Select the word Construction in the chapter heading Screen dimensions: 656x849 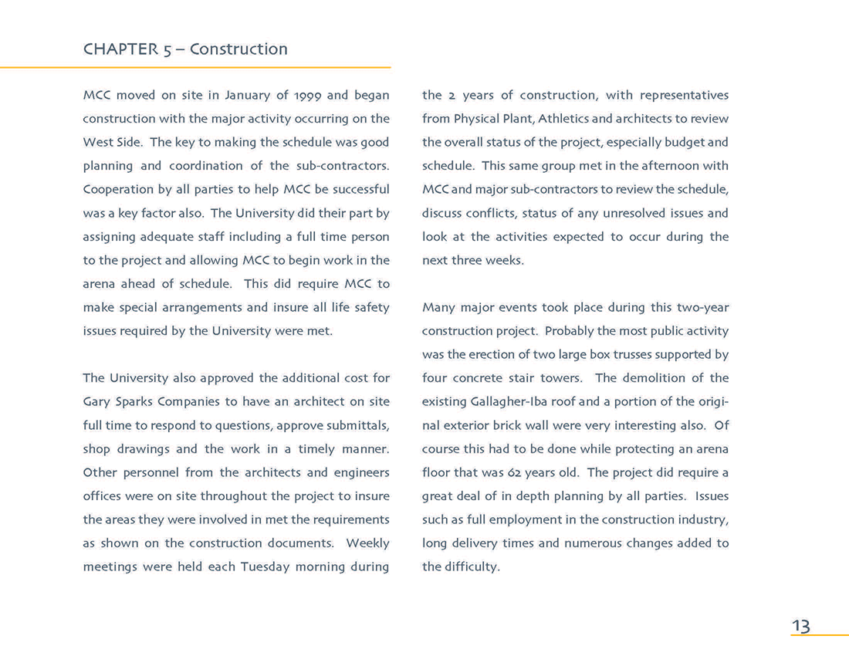(x=238, y=49)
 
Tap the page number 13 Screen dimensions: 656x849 (x=800, y=626)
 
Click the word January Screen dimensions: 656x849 (x=246, y=96)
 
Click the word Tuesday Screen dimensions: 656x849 (x=265, y=567)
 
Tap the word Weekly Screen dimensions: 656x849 (x=367, y=543)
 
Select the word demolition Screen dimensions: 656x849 (x=653, y=378)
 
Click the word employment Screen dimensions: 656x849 (x=522, y=520)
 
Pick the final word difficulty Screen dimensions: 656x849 (x=472, y=567)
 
